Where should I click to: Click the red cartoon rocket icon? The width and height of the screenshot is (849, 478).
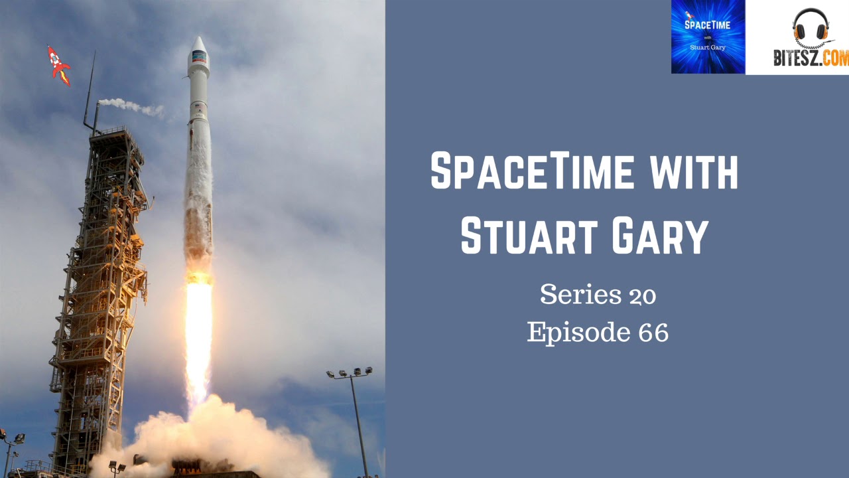(58, 65)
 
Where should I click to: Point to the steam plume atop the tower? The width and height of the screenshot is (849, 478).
(129, 105)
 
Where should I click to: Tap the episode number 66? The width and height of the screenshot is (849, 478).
(653, 332)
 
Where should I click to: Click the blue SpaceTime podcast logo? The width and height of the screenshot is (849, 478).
(708, 37)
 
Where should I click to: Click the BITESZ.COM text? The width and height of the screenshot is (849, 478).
(811, 58)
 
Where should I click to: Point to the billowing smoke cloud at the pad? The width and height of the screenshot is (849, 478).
(212, 438)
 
